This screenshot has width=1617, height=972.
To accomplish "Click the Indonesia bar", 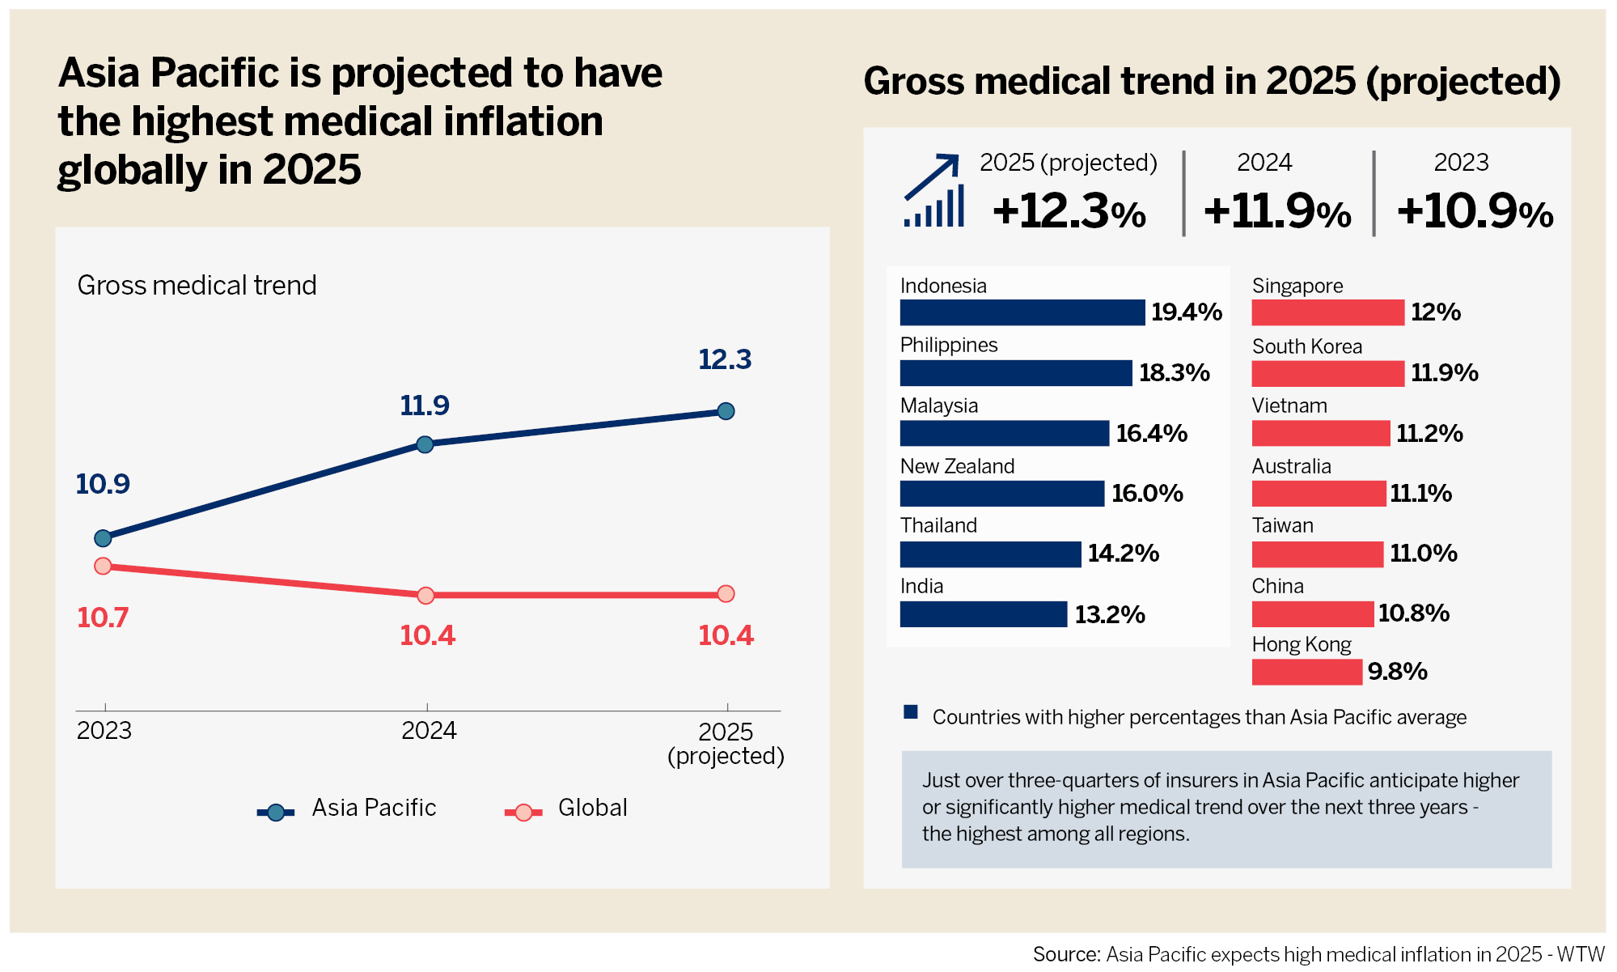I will click(1022, 312).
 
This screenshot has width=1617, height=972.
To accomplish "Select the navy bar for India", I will click(983, 614).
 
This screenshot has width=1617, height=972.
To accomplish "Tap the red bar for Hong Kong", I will click(1306, 672).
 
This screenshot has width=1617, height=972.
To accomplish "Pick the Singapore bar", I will click(1327, 312).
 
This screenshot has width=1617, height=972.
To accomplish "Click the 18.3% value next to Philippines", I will click(1174, 373).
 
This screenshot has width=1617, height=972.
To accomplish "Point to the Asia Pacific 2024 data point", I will click(425, 444).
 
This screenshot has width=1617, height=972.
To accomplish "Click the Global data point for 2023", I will click(103, 566).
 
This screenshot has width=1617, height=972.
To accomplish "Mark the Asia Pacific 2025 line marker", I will click(726, 411).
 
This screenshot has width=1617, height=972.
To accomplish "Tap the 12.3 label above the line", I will click(725, 359).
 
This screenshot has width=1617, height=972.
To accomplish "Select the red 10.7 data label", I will click(103, 618).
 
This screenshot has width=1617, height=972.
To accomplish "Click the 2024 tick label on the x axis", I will click(429, 731).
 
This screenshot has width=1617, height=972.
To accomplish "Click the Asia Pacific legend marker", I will click(276, 812).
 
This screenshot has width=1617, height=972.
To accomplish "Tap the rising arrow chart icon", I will click(934, 191).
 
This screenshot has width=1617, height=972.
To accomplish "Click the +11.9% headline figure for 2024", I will click(1277, 211).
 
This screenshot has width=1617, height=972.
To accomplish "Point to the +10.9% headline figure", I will click(1475, 211).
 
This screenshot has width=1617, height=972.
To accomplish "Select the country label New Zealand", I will click(957, 466).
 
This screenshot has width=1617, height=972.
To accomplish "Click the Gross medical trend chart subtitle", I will click(197, 286).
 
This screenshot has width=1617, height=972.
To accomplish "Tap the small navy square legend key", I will click(911, 712).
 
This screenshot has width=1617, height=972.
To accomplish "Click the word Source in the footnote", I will click(1065, 955).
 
